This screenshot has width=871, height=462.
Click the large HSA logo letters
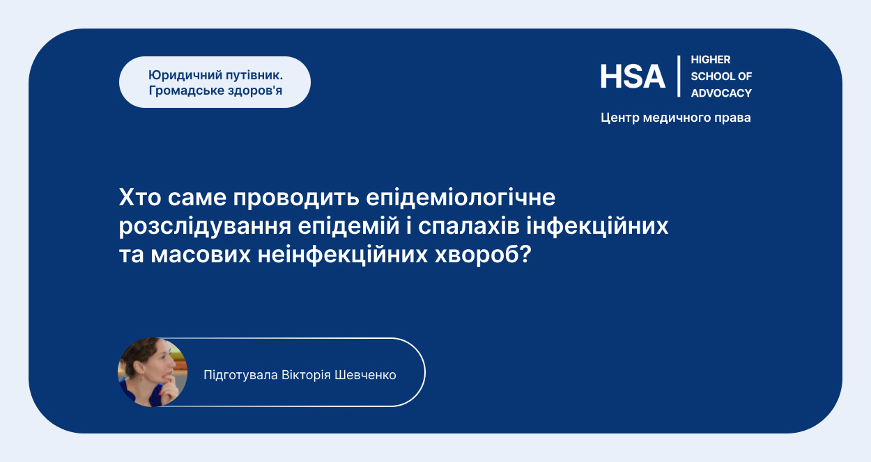633,77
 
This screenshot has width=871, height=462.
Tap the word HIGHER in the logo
711,60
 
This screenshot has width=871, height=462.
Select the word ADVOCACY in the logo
721,93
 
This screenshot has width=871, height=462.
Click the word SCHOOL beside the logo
709,77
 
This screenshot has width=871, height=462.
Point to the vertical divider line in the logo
679,76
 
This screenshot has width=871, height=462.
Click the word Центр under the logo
620,118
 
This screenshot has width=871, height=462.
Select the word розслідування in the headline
205,227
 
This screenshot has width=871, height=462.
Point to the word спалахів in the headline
469,227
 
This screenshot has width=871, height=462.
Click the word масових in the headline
201,255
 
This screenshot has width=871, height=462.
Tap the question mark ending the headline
525,254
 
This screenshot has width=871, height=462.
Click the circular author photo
153,372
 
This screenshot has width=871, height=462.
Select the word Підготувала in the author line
240,376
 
